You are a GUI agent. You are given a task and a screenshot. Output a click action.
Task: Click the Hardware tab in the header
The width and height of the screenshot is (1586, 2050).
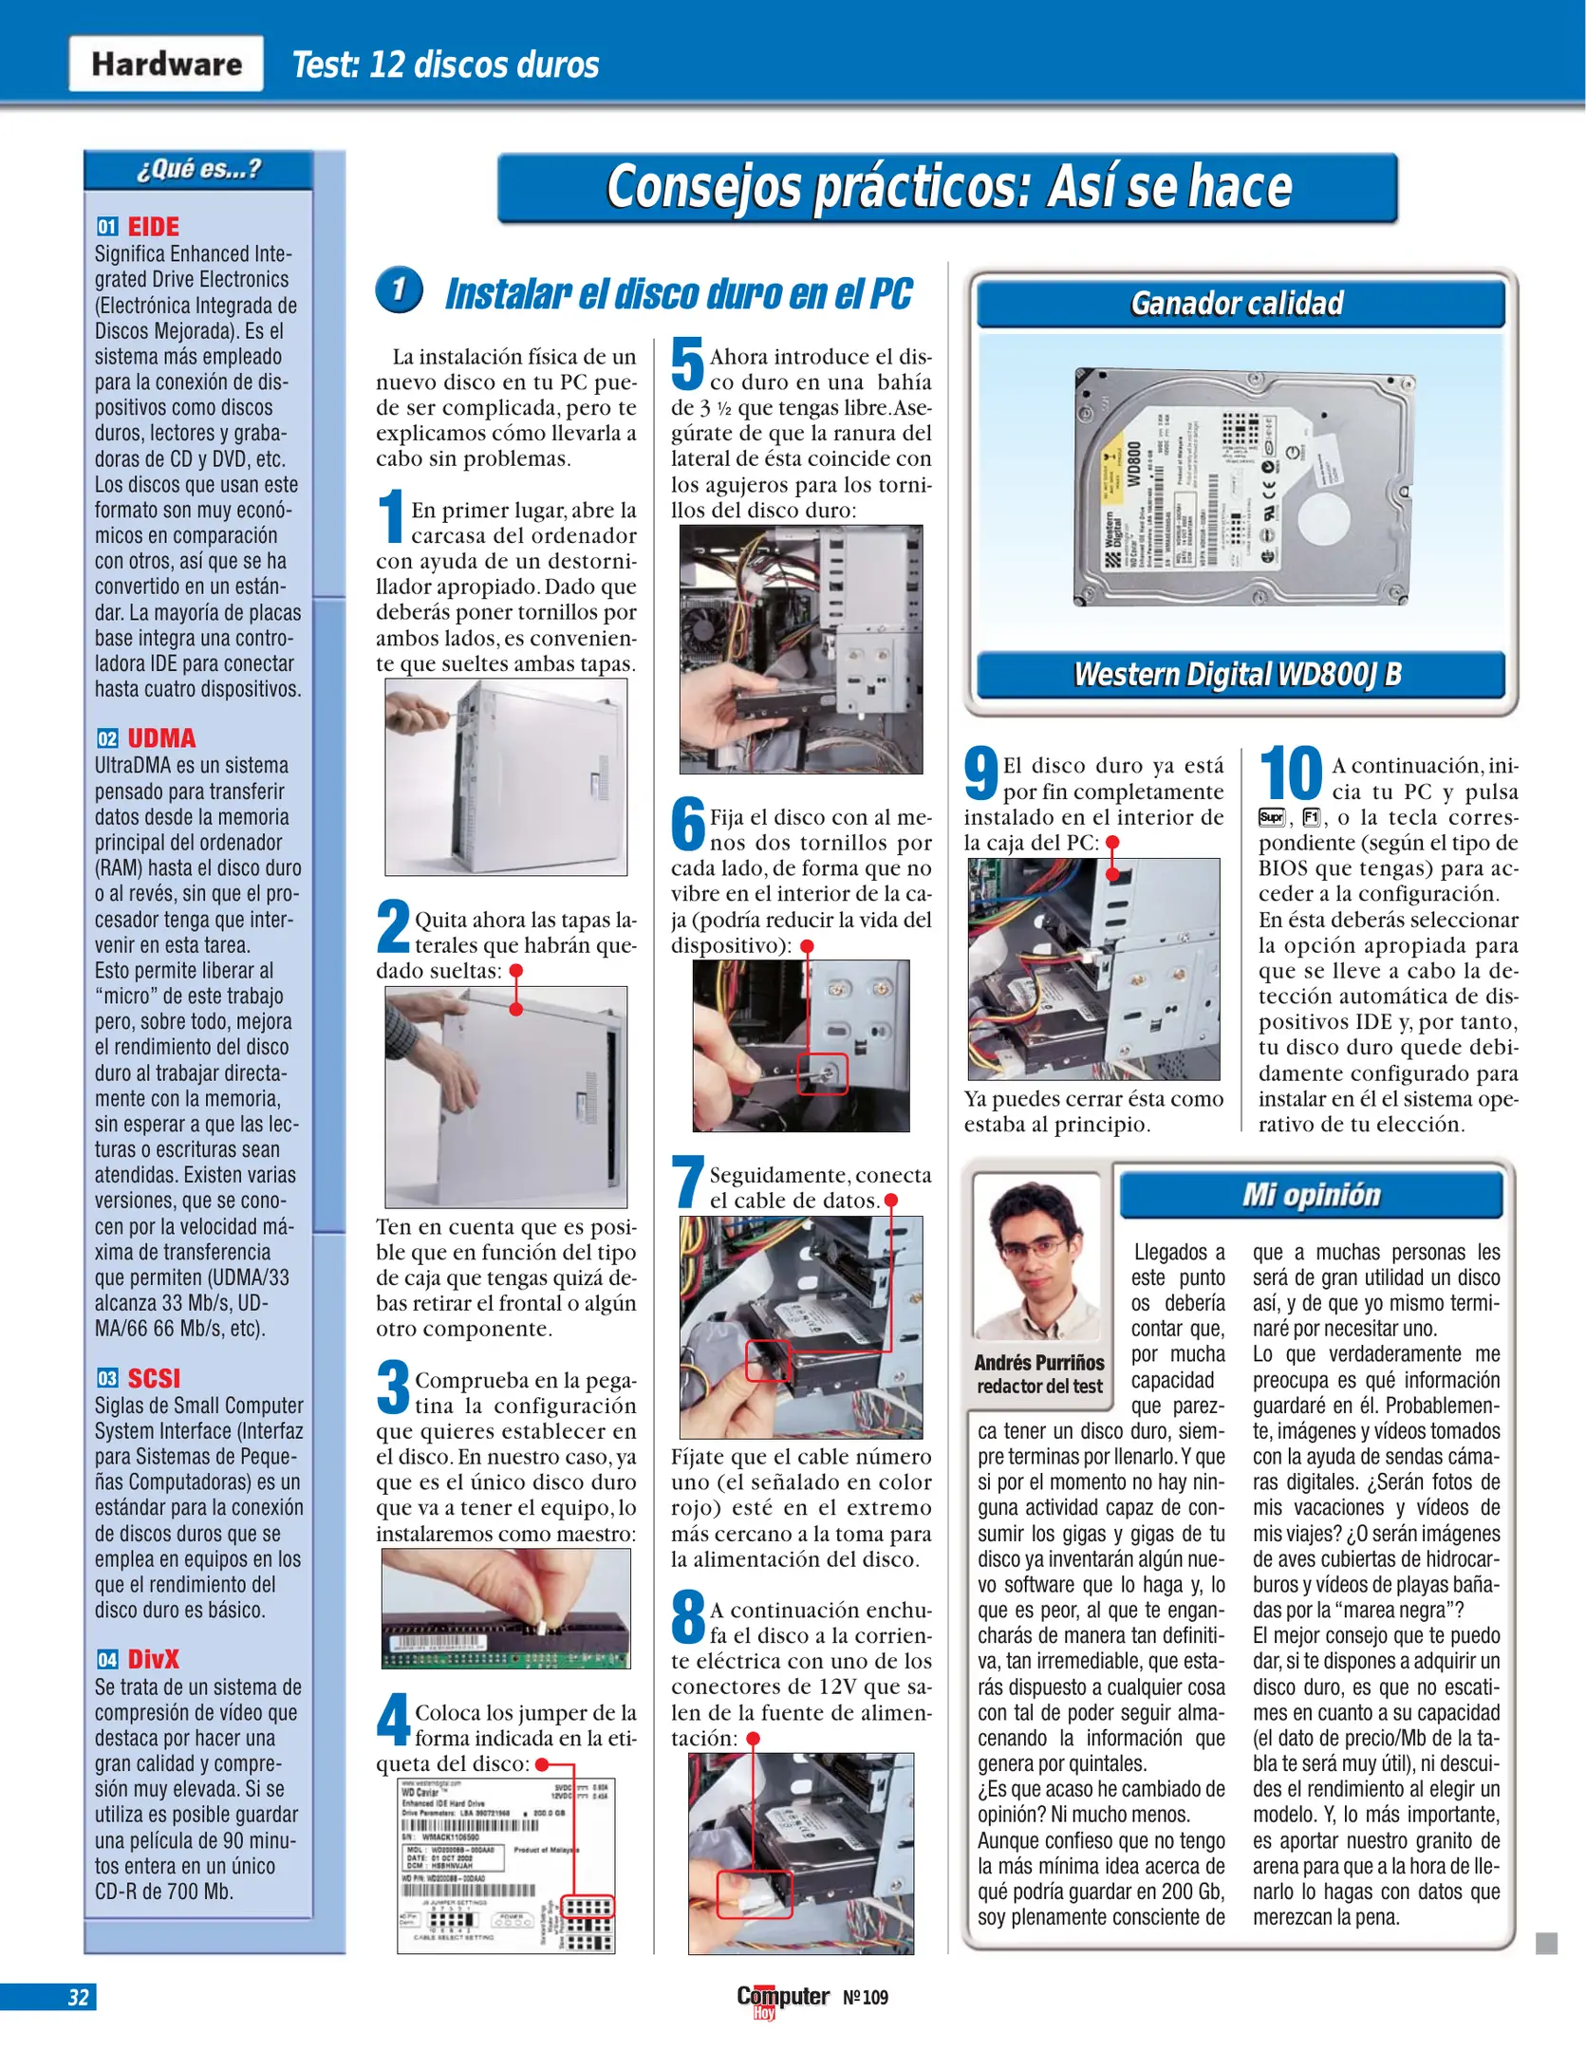coord(166,64)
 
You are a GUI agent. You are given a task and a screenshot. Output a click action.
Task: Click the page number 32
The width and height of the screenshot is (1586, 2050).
coord(78,1997)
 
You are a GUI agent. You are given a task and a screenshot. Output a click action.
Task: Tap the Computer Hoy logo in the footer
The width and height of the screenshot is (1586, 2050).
coord(783,2000)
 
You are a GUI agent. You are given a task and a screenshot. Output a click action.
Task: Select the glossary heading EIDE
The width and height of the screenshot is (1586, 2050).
coord(153,227)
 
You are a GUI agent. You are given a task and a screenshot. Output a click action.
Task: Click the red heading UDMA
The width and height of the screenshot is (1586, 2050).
coord(161,738)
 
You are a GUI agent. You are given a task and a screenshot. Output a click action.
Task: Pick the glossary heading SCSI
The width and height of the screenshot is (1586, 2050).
coord(154,1378)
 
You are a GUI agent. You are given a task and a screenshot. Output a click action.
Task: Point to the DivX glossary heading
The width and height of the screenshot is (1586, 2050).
coord(153,1659)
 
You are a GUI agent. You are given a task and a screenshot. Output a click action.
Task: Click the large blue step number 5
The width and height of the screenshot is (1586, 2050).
coord(688,365)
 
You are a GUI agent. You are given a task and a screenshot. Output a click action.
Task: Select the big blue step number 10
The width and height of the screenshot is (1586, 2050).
coord(1291,774)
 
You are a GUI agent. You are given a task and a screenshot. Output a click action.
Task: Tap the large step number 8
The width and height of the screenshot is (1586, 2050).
coord(688,1618)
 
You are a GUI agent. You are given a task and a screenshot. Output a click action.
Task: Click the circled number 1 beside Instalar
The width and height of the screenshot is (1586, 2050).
coord(400,289)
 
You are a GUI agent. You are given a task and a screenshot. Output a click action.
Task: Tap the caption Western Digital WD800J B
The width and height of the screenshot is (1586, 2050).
coord(1239,675)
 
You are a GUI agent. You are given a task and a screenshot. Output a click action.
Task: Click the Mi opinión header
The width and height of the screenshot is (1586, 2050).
coord(1311,1195)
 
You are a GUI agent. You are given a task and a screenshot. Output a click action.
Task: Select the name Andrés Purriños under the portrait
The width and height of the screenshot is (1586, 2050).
coord(1039,1363)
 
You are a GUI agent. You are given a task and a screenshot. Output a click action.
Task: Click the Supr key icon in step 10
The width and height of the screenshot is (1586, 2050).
coord(1271,818)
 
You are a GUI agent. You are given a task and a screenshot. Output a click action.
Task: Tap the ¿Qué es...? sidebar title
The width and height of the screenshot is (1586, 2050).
coord(198,170)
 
